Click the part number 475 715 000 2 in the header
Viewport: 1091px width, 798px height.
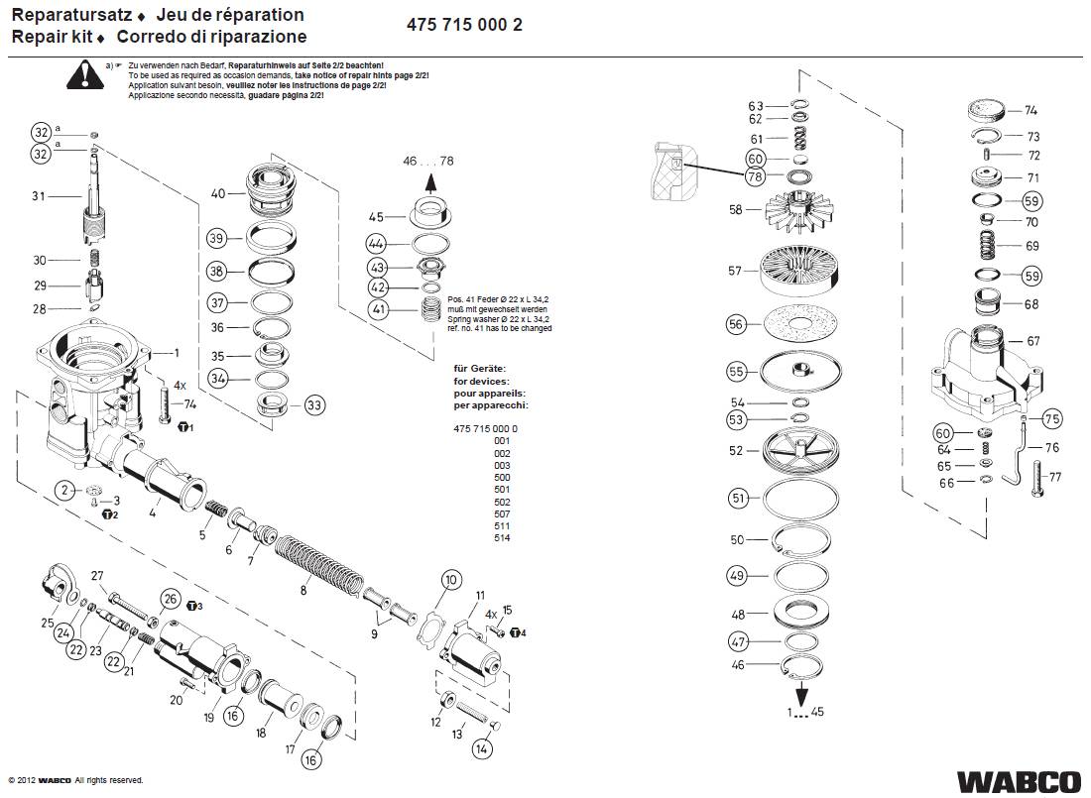464,26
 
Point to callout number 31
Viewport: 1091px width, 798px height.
39,196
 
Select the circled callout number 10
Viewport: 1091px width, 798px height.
450,580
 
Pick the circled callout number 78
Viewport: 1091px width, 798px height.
756,176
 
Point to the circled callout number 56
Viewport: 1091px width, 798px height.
736,323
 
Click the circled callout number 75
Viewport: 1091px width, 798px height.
1051,418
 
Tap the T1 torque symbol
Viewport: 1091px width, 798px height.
184,427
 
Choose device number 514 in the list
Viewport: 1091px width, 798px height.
501,537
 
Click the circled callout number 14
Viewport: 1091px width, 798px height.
482,748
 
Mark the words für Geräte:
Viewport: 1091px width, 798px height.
479,369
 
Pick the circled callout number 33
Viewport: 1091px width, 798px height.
314,404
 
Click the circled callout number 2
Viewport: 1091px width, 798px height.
65,490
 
